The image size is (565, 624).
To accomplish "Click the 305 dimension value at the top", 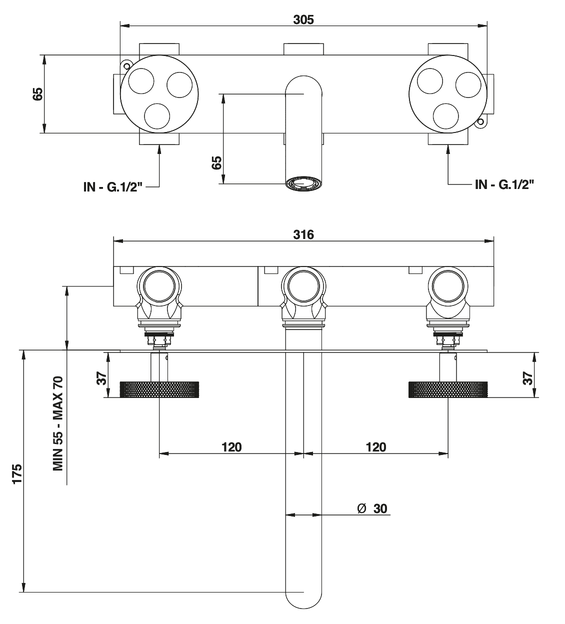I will point(303,19).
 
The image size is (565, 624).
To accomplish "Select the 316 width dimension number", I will point(303,234).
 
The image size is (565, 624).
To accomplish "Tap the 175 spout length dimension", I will point(17,473).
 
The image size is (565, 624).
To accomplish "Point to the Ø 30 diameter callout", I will point(372,508).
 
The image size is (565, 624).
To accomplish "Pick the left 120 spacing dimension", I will point(231,446).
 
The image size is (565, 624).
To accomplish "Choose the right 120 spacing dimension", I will point(376,446).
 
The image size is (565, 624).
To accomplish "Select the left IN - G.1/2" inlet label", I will point(114,187).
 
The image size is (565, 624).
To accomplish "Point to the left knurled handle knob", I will point(159,389).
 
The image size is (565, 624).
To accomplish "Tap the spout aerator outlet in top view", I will point(303,183).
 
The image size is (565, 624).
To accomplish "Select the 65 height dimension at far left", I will point(38,94).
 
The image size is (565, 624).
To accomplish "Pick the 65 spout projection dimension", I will point(216,163).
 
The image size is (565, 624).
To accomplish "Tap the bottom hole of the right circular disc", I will point(446,115).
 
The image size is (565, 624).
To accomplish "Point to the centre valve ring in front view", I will point(303,288).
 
